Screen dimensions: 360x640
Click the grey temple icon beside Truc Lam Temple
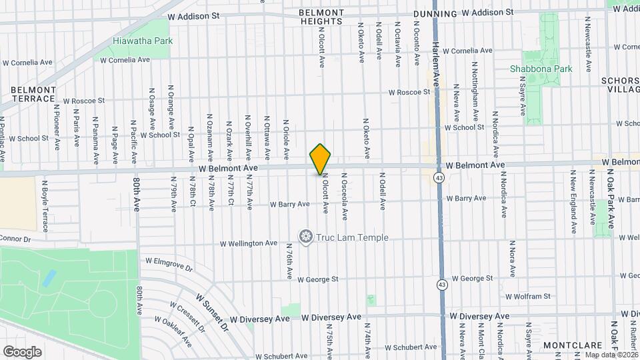click(306, 237)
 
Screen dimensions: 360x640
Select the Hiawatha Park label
click(143, 41)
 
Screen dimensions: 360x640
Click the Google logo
click(22, 351)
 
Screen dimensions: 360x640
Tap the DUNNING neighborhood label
click(435, 13)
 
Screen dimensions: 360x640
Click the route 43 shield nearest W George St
click(441, 285)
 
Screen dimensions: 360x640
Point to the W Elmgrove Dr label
click(169, 265)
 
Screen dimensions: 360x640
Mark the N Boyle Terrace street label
click(46, 200)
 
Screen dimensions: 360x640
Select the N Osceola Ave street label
click(345, 196)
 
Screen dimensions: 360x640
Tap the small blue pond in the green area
click(49, 278)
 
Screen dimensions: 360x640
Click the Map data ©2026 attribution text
click(610, 355)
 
